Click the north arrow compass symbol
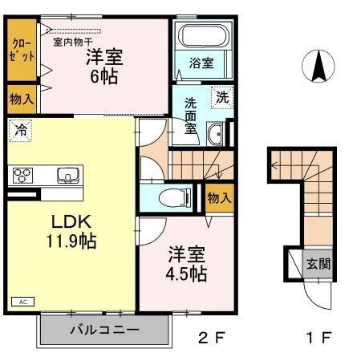pos(318,66)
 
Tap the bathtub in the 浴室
pos(201,37)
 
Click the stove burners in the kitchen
pos(22,175)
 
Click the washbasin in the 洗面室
pos(215,135)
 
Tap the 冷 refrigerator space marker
pos(20,128)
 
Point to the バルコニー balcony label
pos(104,330)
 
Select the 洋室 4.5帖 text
pos(186,264)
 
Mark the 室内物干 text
pos(73,42)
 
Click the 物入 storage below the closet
pos(22,99)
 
